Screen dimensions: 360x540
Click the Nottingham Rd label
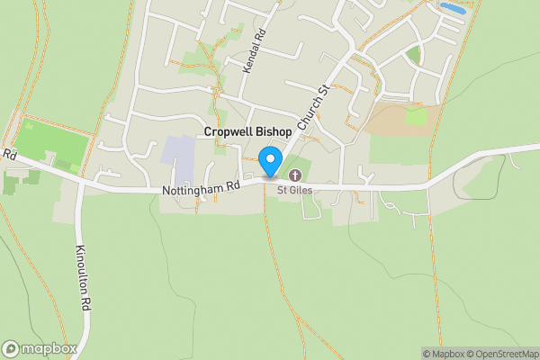click(x=201, y=189)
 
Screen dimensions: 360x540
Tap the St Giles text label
click(x=301, y=190)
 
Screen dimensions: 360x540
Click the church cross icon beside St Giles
click(x=294, y=175)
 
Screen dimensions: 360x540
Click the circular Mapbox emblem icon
click(x=12, y=348)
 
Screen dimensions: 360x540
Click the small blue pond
click(x=452, y=8)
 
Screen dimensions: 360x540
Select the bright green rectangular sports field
click(x=53, y=142)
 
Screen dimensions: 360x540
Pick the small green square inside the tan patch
click(x=416, y=115)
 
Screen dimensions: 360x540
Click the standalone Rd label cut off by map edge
click(x=9, y=155)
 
